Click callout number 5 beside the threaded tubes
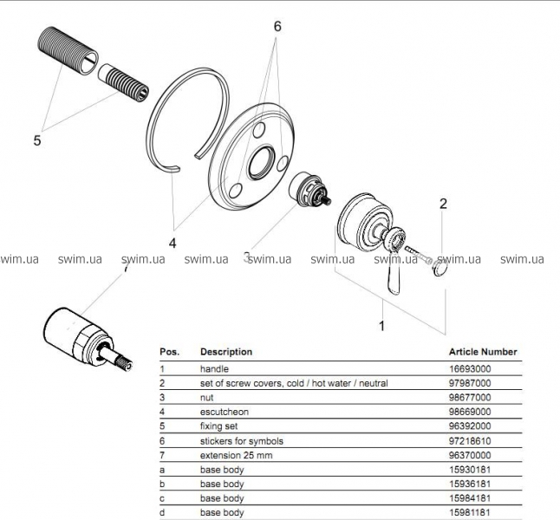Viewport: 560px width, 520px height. [37, 139]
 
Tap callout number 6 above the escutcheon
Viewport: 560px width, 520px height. [277, 27]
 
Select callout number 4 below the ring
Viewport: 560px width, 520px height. [173, 243]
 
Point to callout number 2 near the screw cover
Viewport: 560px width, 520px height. [443, 205]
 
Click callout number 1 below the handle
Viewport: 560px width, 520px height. [380, 327]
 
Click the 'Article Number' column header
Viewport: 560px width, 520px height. [483, 352]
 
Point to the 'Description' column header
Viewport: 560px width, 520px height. [226, 352]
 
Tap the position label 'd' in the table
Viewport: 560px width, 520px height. [162, 513]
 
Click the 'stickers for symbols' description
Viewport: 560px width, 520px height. [242, 441]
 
